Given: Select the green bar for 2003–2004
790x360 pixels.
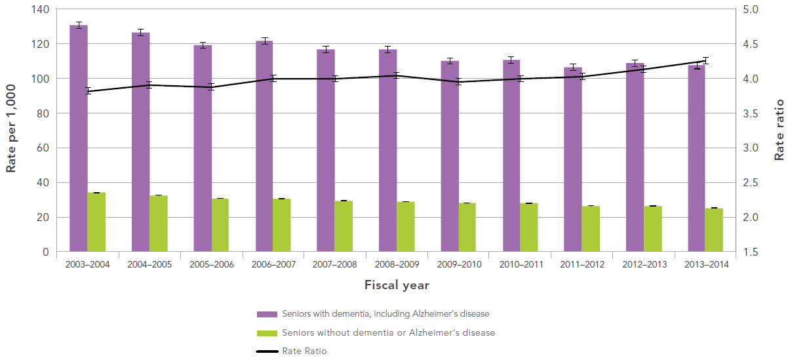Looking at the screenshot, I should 97,222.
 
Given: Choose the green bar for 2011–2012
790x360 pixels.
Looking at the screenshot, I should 591,229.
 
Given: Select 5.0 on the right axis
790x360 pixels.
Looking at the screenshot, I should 750,10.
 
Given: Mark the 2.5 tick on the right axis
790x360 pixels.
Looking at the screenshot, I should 750,183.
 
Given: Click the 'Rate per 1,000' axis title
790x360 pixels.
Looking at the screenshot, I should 11,131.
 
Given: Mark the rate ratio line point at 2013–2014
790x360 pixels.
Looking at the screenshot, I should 705,61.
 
